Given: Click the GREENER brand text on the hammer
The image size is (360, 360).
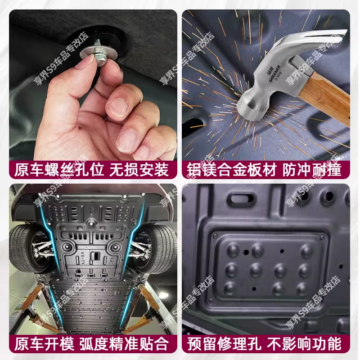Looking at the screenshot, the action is tap(274, 73).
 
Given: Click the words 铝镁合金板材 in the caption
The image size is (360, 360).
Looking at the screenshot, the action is tap(232, 170).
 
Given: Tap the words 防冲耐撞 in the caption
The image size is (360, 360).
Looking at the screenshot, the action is tap(312, 170).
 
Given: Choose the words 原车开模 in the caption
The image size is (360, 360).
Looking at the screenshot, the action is tap(44, 344).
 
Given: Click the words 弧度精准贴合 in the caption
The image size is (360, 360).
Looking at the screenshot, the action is tap(125, 344).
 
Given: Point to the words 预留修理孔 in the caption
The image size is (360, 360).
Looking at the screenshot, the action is tap(224, 344).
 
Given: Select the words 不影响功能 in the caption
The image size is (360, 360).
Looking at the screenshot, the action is tap(305, 344).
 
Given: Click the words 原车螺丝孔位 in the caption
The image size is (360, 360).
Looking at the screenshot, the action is tap(59, 170).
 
